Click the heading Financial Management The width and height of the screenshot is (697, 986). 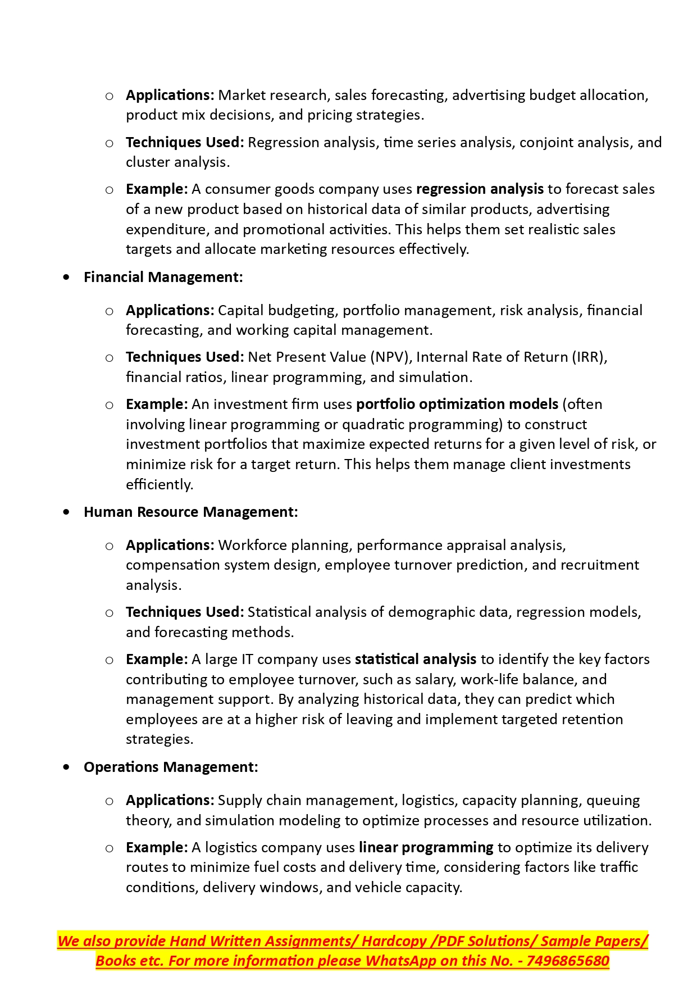tap(163, 277)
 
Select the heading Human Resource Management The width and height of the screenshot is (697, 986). tap(190, 512)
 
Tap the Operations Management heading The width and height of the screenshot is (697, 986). tap(171, 767)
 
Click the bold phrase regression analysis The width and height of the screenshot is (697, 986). tap(480, 189)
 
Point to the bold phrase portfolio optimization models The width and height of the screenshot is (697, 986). tap(457, 405)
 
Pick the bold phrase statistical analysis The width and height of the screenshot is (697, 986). tap(416, 659)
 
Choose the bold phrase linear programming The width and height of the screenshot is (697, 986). tap(426, 847)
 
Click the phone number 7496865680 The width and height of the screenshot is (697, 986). tap(568, 961)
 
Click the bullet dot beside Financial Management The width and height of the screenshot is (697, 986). tap(67, 277)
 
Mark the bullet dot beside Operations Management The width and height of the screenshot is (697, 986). tap(67, 767)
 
